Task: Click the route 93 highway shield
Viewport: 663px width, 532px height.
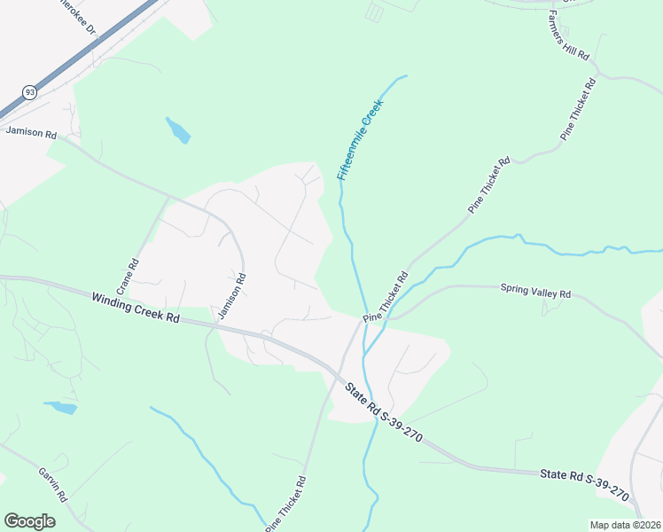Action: click(30, 91)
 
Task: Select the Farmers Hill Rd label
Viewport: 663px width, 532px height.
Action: click(569, 36)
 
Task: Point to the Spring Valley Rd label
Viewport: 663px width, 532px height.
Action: click(535, 290)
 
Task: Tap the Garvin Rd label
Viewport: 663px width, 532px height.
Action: click(53, 484)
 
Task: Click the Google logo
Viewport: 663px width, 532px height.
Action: click(29, 521)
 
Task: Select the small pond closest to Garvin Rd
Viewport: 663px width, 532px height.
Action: click(61, 408)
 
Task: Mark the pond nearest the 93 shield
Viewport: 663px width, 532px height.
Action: click(177, 130)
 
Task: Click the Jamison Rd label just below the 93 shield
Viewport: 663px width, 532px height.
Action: click(31, 133)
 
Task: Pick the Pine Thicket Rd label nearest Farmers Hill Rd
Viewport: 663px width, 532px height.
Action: click(578, 108)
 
